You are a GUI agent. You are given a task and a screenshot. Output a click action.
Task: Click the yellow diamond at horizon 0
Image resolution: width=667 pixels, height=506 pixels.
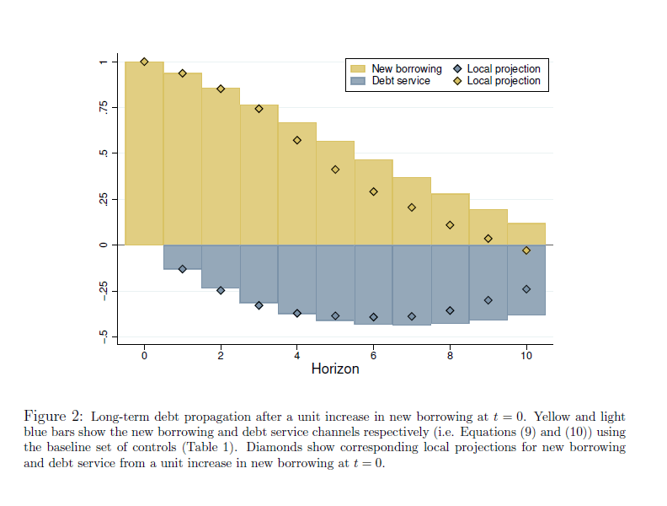[x=144, y=62]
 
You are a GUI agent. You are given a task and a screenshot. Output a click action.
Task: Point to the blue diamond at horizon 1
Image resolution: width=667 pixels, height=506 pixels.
[x=182, y=269]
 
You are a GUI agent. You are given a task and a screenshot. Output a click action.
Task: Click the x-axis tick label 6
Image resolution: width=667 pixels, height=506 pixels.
[x=373, y=356]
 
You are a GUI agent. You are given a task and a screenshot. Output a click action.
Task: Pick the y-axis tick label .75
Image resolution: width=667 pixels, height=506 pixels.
[x=103, y=107]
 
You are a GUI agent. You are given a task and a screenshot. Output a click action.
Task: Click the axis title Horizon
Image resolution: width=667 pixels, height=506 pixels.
[x=335, y=369]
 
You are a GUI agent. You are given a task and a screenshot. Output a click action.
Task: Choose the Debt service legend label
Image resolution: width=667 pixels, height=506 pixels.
[x=401, y=81]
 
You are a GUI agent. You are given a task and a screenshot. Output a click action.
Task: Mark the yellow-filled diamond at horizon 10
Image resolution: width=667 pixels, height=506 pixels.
[x=526, y=250]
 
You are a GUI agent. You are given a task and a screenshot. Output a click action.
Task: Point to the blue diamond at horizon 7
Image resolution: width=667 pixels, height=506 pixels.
[x=412, y=316]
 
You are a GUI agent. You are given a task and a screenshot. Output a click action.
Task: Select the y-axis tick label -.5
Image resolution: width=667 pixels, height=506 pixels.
[x=103, y=336]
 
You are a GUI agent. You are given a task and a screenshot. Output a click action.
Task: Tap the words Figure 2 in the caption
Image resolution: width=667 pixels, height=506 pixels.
[x=53, y=417]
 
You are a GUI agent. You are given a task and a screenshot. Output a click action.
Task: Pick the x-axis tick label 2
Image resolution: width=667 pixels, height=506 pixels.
[x=221, y=356]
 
